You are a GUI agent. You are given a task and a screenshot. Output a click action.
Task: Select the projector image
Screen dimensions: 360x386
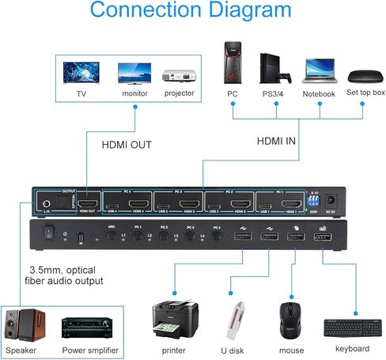coord(178,74)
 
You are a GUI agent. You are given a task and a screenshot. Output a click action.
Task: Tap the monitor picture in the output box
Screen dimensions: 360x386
coord(134,73)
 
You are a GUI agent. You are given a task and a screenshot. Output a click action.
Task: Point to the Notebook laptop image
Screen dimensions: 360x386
coord(319,70)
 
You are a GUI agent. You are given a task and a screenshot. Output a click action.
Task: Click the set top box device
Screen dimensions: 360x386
coord(365,77)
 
